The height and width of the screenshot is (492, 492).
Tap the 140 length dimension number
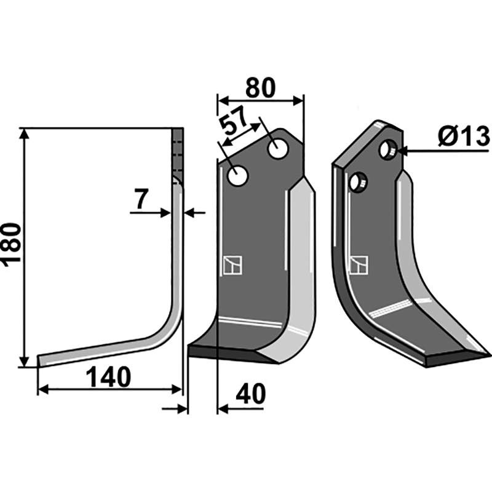point(108,378)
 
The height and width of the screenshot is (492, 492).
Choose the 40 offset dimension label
point(250,394)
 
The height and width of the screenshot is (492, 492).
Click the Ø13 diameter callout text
point(464,137)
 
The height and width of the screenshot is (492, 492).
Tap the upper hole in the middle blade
point(278,148)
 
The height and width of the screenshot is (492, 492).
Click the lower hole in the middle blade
point(238,176)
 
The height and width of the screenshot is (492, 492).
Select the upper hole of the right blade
point(389,149)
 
